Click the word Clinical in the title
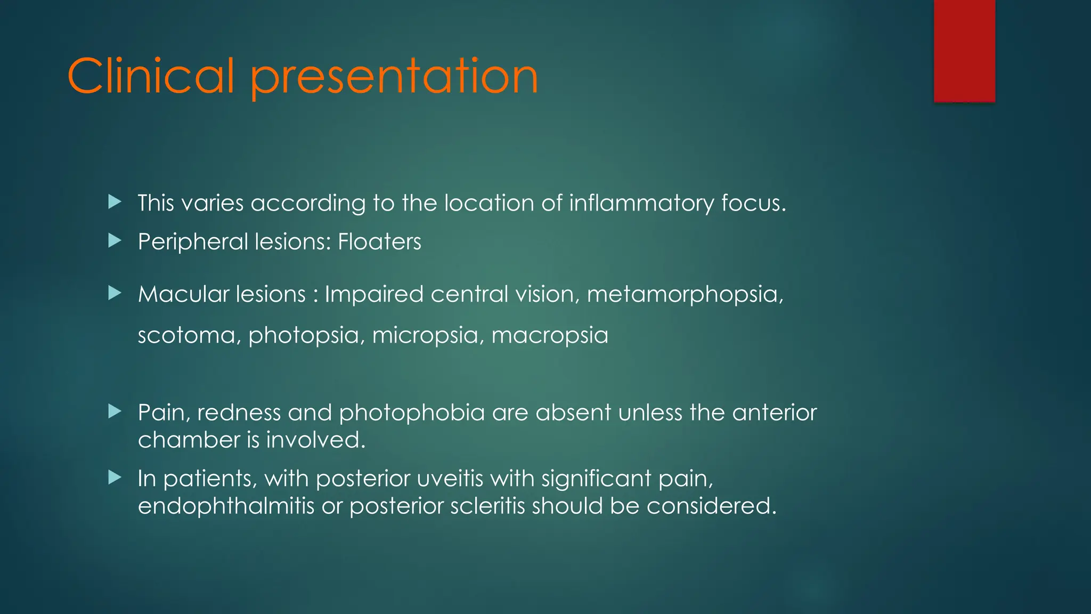point(151,77)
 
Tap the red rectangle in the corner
point(964,51)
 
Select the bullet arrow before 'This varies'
point(115,202)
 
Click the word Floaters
point(379,242)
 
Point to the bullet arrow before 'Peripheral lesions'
point(115,241)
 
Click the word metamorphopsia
point(685,295)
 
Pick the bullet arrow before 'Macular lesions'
point(115,293)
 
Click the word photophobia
point(412,413)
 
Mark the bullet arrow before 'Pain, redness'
point(115,411)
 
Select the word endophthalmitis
point(226,506)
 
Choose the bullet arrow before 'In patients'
point(115,478)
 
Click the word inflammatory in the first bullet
point(641,204)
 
